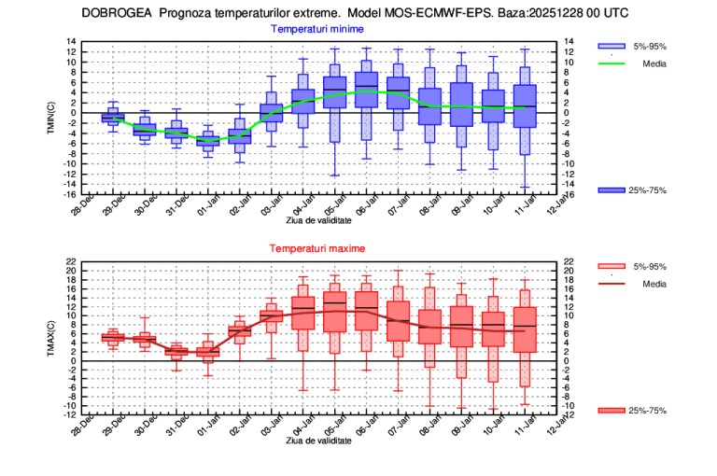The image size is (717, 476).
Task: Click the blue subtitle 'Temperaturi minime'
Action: (316, 29)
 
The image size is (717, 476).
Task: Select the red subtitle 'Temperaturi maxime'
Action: (316, 249)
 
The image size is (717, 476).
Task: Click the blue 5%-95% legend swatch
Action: (611, 46)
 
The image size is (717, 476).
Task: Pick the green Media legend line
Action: (611, 63)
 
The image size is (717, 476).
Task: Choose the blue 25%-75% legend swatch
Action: (611, 189)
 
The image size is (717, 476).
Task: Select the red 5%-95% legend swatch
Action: (611, 266)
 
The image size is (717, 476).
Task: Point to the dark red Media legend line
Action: (611, 284)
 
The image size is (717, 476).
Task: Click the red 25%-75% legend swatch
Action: (611, 410)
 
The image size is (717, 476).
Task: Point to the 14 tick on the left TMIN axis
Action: (72, 42)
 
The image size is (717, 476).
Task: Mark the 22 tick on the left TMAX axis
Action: (72, 262)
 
